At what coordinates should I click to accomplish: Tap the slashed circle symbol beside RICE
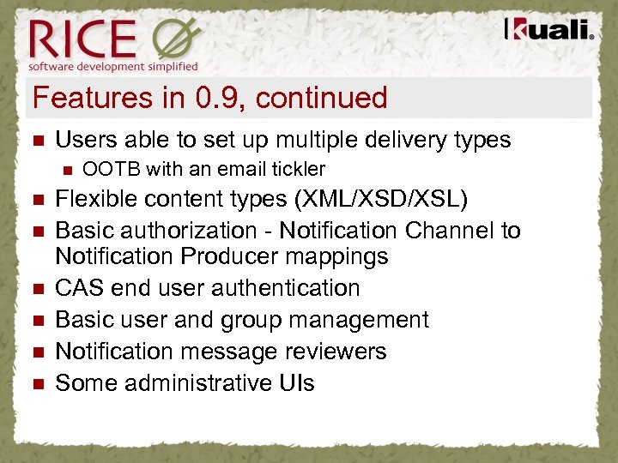click(176, 40)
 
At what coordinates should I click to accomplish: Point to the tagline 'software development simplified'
click(113, 66)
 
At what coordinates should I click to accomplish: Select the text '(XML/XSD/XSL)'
click(380, 200)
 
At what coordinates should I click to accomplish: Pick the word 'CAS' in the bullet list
click(80, 288)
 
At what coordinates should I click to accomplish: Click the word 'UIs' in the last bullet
click(294, 383)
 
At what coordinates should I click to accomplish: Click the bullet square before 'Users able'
click(36, 141)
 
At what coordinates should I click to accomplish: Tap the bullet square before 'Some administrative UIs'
click(36, 384)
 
